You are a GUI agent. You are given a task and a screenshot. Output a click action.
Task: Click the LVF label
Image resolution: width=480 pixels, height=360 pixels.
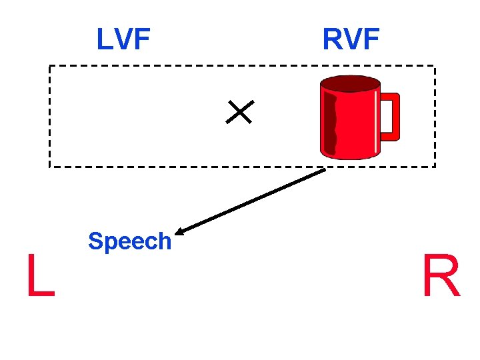point(123,39)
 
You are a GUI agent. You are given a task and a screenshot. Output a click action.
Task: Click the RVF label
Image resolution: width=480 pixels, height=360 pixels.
point(351,39)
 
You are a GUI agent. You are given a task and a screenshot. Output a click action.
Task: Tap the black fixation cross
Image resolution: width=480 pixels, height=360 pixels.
point(239,112)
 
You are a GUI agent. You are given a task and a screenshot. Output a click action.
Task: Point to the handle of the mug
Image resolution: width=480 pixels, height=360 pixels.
point(390,117)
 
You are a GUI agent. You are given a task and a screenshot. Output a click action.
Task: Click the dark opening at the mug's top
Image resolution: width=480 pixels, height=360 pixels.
point(349,83)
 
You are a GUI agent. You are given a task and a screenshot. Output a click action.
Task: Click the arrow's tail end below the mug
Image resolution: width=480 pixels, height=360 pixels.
point(324,170)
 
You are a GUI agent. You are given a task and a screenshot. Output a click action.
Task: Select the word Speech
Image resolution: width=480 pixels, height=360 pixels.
point(130,241)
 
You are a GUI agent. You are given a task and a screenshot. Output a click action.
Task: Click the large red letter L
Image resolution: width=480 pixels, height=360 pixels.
point(39,276)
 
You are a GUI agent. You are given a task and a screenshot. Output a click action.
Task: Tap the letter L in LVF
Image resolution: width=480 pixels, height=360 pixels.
point(103,39)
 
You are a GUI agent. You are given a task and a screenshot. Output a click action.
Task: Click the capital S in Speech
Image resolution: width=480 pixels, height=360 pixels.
point(95,241)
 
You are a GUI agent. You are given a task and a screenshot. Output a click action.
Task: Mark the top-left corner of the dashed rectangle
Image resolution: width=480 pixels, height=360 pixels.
point(49,66)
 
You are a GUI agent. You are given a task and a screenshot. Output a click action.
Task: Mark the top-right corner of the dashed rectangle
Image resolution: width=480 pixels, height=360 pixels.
point(435,66)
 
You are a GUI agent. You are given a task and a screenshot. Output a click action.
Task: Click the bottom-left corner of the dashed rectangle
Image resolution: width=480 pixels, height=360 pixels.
point(49,166)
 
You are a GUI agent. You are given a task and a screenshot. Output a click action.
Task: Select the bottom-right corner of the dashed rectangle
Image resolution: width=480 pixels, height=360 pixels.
point(435,166)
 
